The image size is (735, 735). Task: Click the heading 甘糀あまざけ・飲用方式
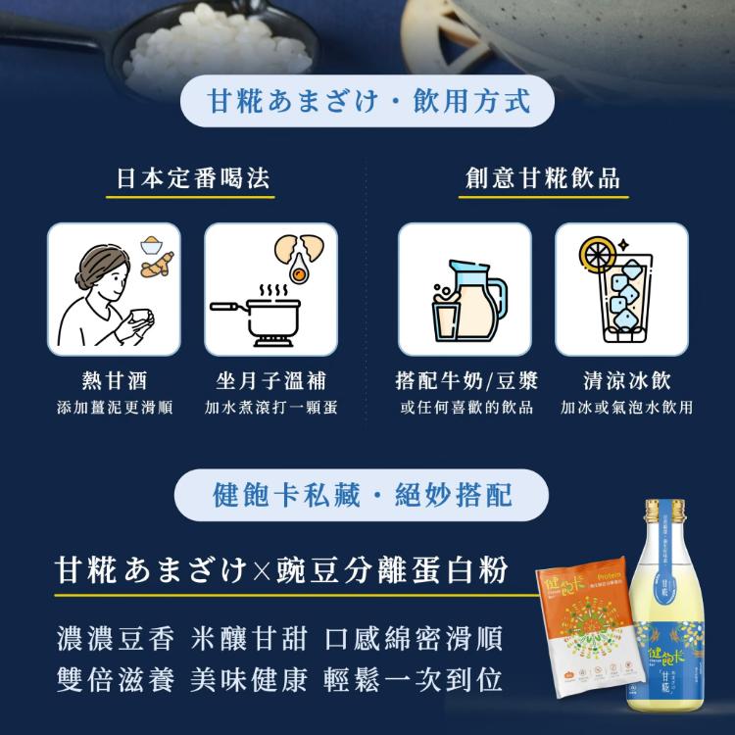click(x=368, y=101)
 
